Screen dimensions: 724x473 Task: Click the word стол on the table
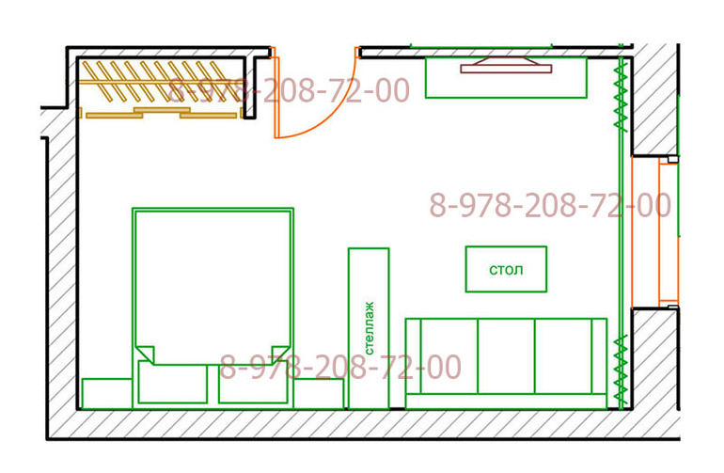506,270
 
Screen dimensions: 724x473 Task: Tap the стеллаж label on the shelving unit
369,328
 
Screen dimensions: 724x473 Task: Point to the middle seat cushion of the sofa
506,355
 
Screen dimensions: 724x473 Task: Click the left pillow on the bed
173,383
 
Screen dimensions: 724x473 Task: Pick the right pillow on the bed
253,383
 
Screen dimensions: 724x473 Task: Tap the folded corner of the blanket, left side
145,354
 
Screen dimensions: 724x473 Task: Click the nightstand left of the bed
107,394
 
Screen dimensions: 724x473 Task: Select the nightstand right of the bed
319,394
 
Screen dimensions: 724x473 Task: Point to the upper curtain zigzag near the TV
621,96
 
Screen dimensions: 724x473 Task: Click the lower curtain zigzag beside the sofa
621,371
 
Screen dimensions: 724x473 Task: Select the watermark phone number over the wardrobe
289,90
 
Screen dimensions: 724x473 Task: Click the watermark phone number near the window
550,205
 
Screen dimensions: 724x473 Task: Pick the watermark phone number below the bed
340,367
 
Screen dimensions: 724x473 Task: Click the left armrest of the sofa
414,355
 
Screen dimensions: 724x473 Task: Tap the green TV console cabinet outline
506,78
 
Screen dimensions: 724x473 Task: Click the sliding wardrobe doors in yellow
162,113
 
